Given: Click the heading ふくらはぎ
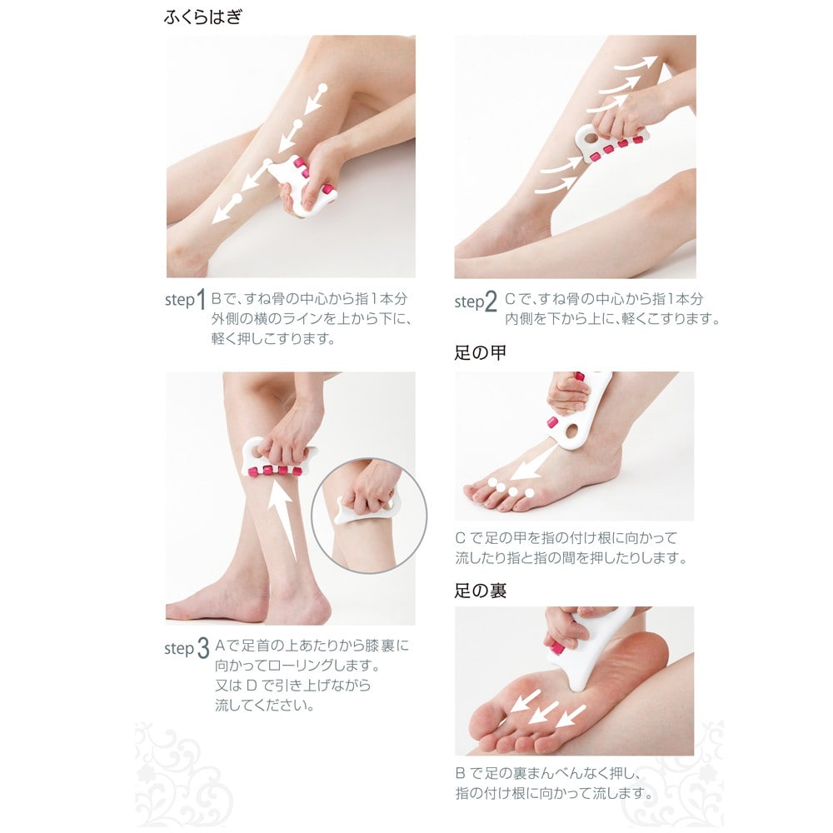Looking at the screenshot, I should click(x=203, y=17).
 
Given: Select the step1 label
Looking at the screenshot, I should click(x=185, y=301).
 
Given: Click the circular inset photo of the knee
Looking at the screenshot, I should click(x=368, y=514).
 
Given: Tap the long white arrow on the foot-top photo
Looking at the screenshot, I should click(x=536, y=461).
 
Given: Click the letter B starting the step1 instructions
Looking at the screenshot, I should click(x=217, y=298).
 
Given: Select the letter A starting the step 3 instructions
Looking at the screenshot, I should click(x=220, y=646).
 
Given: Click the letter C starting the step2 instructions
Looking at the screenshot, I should click(x=511, y=298).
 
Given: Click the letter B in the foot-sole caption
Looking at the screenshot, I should click(x=461, y=771).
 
